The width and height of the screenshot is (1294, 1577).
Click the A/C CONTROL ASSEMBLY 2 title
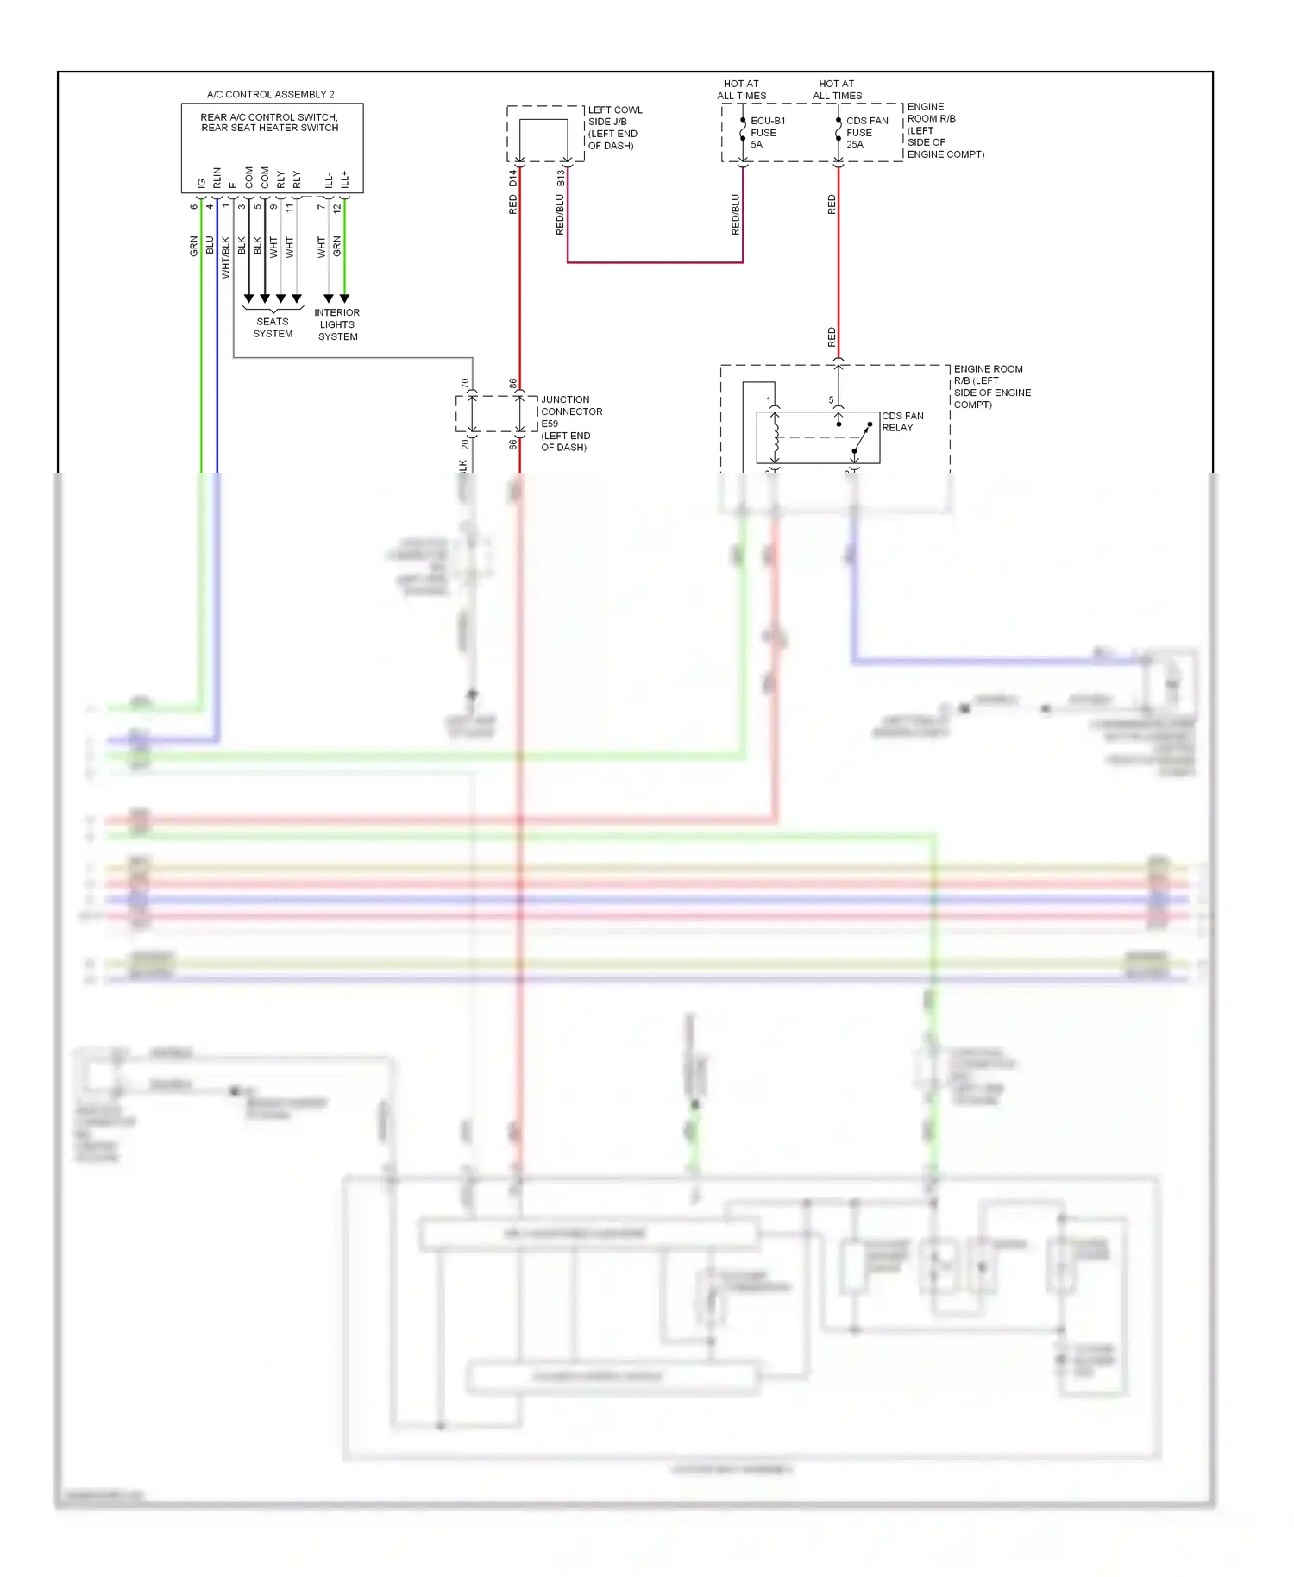(x=270, y=94)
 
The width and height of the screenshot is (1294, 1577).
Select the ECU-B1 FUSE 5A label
(x=766, y=133)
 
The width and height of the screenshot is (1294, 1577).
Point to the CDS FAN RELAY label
(x=901, y=422)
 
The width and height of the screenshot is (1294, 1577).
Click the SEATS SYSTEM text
(x=273, y=328)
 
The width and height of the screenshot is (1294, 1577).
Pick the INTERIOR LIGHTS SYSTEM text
(x=337, y=324)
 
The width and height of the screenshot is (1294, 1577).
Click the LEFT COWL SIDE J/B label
(x=614, y=128)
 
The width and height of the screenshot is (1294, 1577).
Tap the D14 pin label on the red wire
(x=513, y=178)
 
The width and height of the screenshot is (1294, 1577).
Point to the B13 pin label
(x=561, y=178)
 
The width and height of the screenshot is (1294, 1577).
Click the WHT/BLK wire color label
(x=226, y=257)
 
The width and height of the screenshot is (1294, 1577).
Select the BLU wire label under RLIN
(x=210, y=245)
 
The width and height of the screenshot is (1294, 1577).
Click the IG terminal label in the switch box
(x=202, y=183)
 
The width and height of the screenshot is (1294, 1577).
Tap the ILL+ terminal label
(x=345, y=179)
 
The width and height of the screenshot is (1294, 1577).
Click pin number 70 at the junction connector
(x=465, y=383)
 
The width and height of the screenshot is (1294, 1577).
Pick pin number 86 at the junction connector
(x=513, y=383)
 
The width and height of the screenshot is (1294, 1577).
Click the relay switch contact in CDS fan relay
(x=861, y=438)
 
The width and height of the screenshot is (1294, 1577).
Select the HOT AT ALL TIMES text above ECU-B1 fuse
(x=741, y=90)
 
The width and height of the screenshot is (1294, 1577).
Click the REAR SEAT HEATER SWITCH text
(x=270, y=128)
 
